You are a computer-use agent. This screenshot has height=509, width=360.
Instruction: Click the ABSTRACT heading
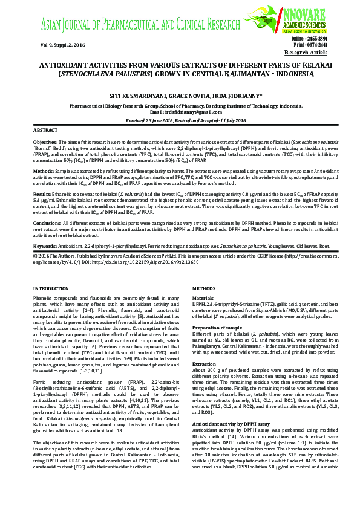click(x=45, y=131)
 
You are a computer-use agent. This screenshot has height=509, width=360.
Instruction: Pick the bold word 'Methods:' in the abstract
click(x=42, y=171)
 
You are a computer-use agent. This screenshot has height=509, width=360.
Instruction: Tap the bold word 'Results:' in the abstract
click(x=42, y=196)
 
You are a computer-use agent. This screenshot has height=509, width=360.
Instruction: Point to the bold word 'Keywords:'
click(x=45, y=247)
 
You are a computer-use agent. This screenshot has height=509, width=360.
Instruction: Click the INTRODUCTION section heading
click(x=51, y=290)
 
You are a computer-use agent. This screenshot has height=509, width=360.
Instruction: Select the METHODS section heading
click(x=204, y=290)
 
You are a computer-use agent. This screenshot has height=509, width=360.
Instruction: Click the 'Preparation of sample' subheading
click(x=217, y=327)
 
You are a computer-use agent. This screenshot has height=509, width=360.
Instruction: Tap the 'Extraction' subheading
click(x=204, y=365)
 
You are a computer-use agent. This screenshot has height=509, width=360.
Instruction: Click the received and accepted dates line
click(x=180, y=120)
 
